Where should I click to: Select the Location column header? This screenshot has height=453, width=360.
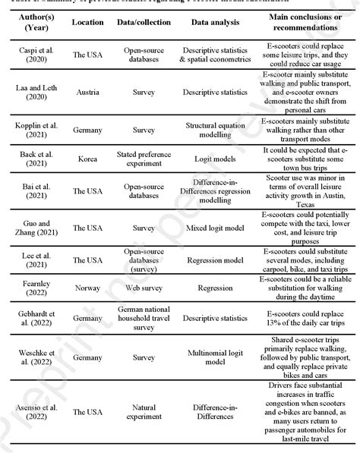87,23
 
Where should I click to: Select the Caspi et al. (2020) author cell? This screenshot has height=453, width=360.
31,57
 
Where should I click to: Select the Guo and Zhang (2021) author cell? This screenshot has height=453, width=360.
31,227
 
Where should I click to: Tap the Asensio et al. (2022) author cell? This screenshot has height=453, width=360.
31,412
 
